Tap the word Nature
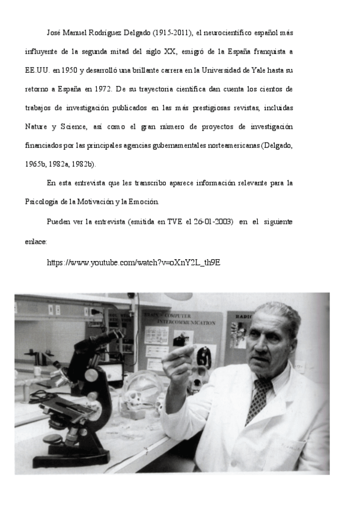click(37, 126)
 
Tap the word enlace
click(35, 241)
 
